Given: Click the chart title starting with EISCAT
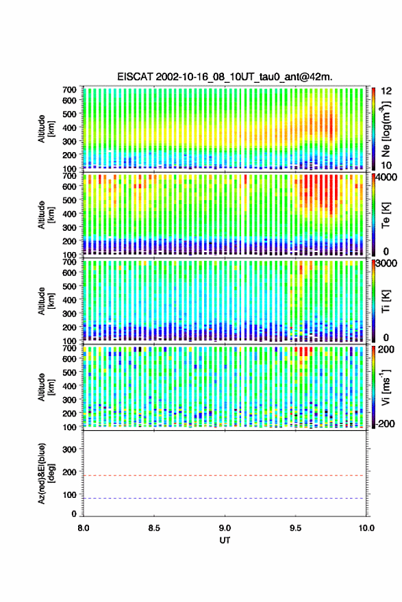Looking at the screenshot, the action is tap(225, 77).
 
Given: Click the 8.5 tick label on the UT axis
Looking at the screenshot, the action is tap(154, 528).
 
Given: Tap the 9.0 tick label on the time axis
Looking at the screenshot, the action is tap(225, 528).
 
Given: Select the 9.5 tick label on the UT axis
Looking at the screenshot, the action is tap(296, 528).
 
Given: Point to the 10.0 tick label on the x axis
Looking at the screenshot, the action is tap(366, 528).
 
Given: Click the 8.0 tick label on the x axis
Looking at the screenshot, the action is tap(84, 528).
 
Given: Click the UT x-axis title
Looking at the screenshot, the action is tap(225, 540).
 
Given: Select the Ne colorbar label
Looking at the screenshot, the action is tap(386, 129).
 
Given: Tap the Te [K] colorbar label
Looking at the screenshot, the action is tap(386, 215).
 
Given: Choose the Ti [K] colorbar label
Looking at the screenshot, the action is tap(386, 301).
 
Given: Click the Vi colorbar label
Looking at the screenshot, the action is tap(386, 387).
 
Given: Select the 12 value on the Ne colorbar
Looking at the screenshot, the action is tap(387, 91).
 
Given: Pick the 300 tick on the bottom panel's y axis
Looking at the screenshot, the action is tap(69, 449).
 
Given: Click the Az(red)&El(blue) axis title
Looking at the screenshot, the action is tap(46, 473).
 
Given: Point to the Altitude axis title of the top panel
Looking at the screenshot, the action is tap(46, 129).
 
